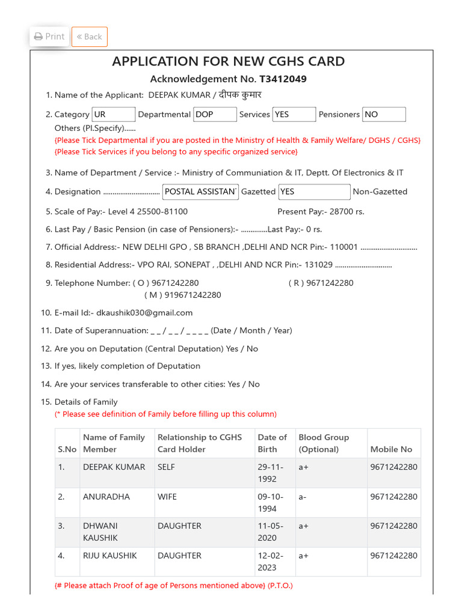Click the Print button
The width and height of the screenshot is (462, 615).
coord(49,37)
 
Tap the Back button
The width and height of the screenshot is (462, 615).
coord(89,37)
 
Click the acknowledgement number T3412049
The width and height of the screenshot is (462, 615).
coord(284,79)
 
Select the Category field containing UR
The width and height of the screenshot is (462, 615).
coord(113,115)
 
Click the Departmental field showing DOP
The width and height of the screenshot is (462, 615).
coord(215,115)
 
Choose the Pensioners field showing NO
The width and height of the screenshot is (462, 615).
coord(384,115)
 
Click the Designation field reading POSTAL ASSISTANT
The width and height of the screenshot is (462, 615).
coord(200,192)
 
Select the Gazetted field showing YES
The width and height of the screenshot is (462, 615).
coord(314,192)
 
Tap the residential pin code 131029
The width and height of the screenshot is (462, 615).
coord(318,265)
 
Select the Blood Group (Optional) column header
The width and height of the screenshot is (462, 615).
coord(324,443)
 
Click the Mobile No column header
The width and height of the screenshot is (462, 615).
coord(391,449)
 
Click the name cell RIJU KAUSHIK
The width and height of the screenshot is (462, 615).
coord(110,556)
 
